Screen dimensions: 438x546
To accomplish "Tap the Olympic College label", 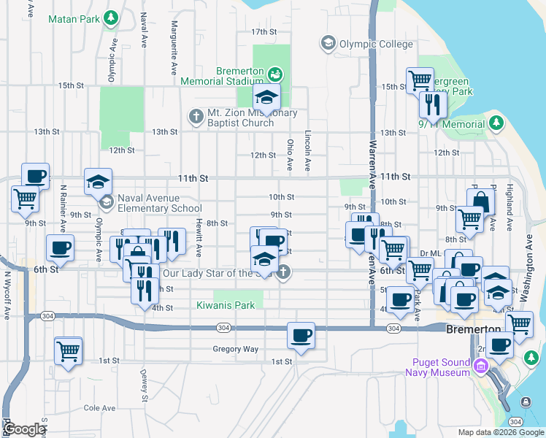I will pos(376,44).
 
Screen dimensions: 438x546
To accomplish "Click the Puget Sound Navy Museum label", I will pos(437,367).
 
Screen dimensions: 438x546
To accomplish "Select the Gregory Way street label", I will pos(236,349).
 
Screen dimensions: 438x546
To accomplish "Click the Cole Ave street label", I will pos(100,408).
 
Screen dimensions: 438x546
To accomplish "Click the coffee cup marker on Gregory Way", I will pos(301,337).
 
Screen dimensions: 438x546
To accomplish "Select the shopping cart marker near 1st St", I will pos(68,352).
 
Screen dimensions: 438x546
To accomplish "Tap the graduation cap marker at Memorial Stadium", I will pos(267,96).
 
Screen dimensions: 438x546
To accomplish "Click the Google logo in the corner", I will pos(24,429).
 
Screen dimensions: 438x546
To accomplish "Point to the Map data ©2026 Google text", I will pos(501,432).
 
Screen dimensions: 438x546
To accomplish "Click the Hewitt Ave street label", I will pos(198,237).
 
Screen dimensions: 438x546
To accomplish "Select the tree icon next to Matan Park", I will pos(110,17).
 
